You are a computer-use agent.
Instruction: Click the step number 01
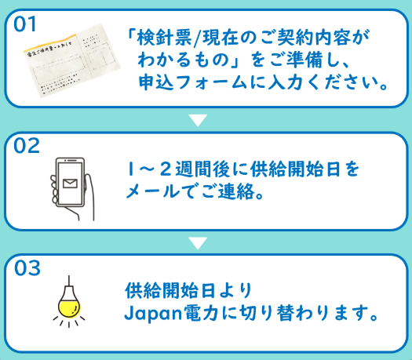(x=24, y=24)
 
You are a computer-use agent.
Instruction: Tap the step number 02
(x=27, y=146)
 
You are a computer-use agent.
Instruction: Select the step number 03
(x=27, y=268)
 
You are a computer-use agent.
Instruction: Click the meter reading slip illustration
(x=72, y=60)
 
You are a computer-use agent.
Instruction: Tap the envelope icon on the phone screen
(x=70, y=184)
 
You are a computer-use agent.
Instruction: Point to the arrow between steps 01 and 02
(x=198, y=120)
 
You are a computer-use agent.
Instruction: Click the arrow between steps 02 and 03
(x=198, y=243)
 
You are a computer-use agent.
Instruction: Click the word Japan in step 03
(x=153, y=314)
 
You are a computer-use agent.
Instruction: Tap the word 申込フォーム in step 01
(x=193, y=82)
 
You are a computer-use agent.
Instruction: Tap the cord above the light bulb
(x=69, y=281)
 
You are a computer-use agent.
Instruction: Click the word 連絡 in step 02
(x=237, y=191)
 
